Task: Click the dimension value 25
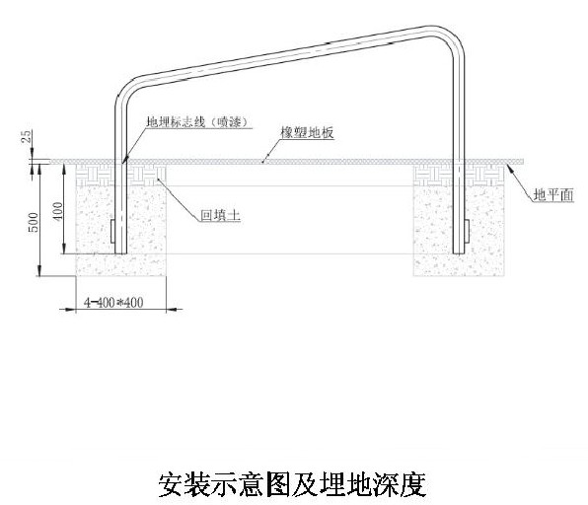pyautogui.click(x=27, y=136)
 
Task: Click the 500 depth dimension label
pyautogui.click(x=34, y=222)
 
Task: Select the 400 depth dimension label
pyautogui.click(x=58, y=211)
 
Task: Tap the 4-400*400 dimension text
pyautogui.click(x=113, y=302)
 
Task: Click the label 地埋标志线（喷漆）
pyautogui.click(x=198, y=122)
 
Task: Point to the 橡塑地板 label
pyautogui.click(x=307, y=132)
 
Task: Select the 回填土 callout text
pyautogui.click(x=220, y=215)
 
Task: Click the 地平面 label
pyautogui.click(x=553, y=195)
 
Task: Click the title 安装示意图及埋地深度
pyautogui.click(x=292, y=484)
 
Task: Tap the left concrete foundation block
pyautogui.click(x=121, y=231)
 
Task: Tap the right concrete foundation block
pyautogui.click(x=459, y=231)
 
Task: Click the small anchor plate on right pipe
pyautogui.click(x=467, y=231)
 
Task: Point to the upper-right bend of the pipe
pyautogui.click(x=452, y=37)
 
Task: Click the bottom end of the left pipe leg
pyautogui.click(x=120, y=253)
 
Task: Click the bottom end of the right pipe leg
pyautogui.click(x=459, y=253)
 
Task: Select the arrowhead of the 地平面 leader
pyautogui.click(x=509, y=168)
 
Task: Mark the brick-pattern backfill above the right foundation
pyautogui.click(x=459, y=176)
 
